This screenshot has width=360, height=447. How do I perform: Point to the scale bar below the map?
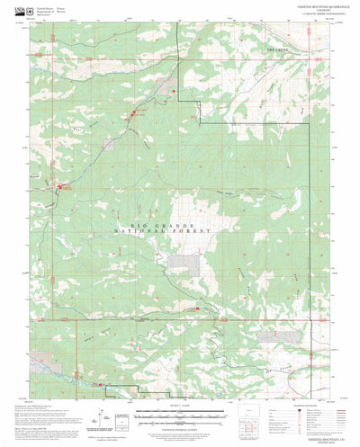point(181,417)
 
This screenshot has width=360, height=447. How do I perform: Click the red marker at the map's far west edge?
point(62,187)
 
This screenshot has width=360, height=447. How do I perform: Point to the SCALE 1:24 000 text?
point(181,407)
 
